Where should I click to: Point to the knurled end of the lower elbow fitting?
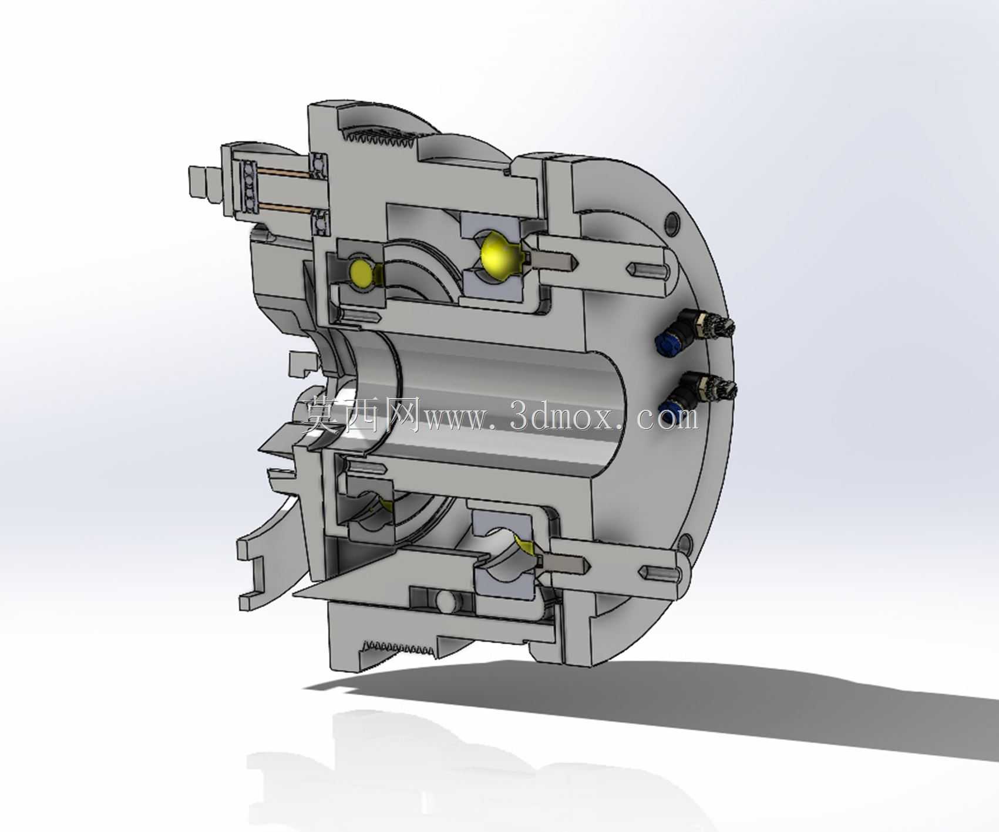coord(721,390)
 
